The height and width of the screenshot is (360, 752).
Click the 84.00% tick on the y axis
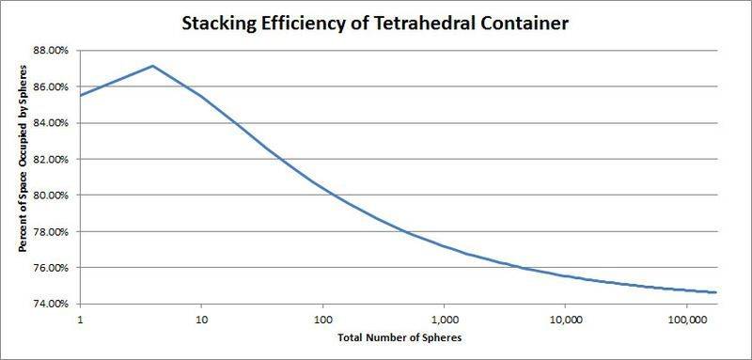point(53,123)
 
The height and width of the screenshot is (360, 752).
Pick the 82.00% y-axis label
point(53,160)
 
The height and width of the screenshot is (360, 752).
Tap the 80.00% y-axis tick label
point(53,196)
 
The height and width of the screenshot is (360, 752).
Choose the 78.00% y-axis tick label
point(53,232)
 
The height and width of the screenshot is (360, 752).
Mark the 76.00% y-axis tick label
point(53,268)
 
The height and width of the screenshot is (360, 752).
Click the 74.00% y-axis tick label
point(53,305)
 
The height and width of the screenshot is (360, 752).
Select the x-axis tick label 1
point(81,319)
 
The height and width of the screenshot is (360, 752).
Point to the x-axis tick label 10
point(201,319)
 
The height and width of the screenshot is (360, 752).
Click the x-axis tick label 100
point(322,319)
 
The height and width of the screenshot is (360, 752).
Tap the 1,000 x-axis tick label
point(444,319)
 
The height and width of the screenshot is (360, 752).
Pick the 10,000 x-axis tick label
point(565,319)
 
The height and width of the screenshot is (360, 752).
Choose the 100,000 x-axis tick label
point(686,319)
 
